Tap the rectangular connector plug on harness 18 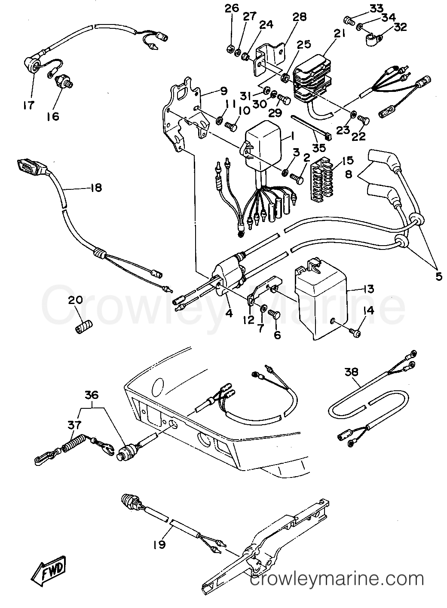26,165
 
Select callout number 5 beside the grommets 438,276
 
